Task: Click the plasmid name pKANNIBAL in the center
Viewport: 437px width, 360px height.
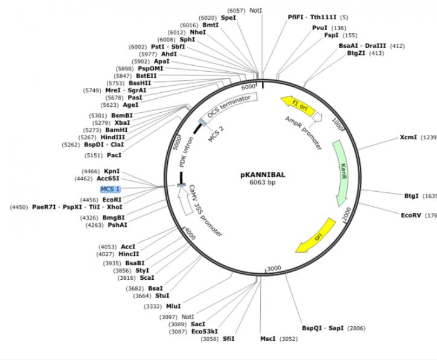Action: [x=263, y=175]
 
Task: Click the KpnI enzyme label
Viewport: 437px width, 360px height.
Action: [x=112, y=171]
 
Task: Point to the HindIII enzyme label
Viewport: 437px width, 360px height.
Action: [x=113, y=137]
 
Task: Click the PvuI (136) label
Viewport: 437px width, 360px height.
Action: [x=320, y=28]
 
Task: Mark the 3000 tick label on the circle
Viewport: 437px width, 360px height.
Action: [x=273, y=267]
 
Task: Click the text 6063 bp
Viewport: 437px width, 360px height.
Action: [x=263, y=183]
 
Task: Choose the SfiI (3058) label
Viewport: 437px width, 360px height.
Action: [x=228, y=338]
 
